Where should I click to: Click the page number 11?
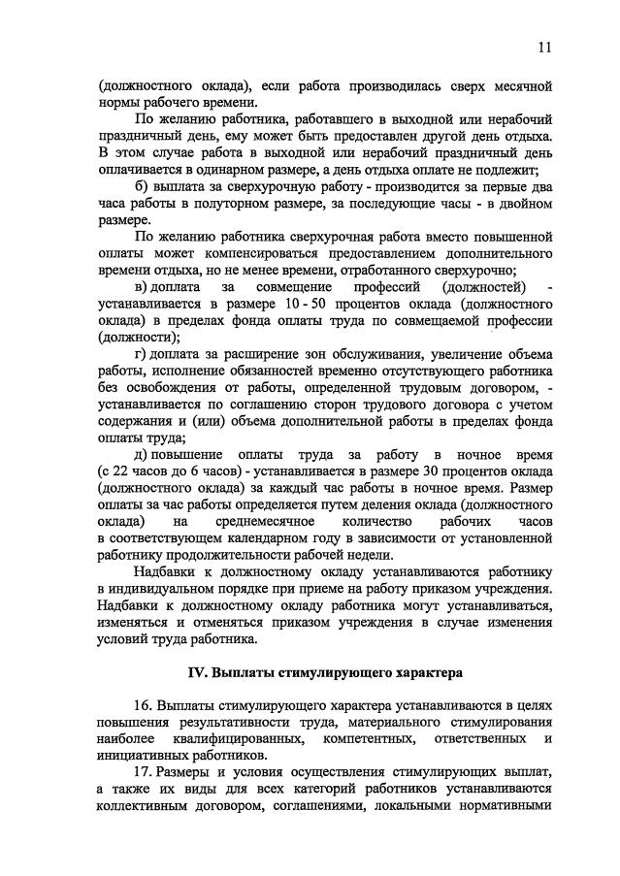[545, 47]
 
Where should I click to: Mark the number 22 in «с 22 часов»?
[122, 471]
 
